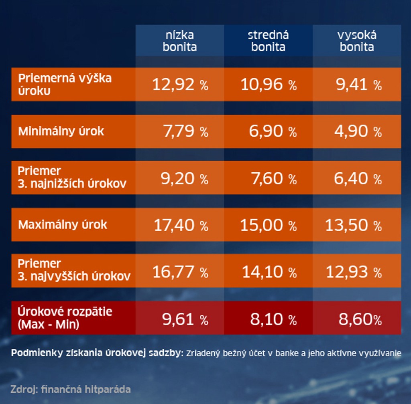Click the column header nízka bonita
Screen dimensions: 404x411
click(180, 41)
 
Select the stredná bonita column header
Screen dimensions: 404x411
click(268, 41)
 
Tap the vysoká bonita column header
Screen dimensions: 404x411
click(357, 41)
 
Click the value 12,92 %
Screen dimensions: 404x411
click(180, 85)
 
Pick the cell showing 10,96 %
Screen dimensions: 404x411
click(268, 85)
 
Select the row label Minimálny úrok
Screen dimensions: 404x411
click(61, 131)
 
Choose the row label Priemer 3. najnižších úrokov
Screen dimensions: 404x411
click(72, 178)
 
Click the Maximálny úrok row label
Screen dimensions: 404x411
click(63, 224)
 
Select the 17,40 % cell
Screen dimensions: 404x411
click(181, 225)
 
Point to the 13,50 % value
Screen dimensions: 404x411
click(353, 225)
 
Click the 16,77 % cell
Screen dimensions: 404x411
click(180, 272)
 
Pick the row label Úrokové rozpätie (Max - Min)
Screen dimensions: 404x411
click(65, 318)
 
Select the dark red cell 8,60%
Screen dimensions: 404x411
click(360, 319)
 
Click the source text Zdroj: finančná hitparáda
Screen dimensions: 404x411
click(71, 389)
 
